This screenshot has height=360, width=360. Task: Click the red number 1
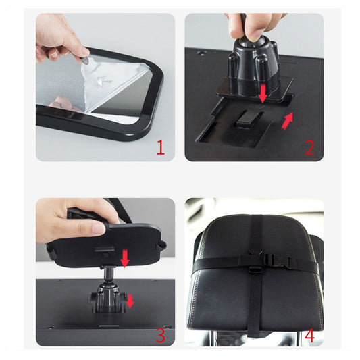(160, 147)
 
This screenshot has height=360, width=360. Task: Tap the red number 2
(309, 147)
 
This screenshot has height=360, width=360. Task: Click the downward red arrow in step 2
(264, 94)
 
